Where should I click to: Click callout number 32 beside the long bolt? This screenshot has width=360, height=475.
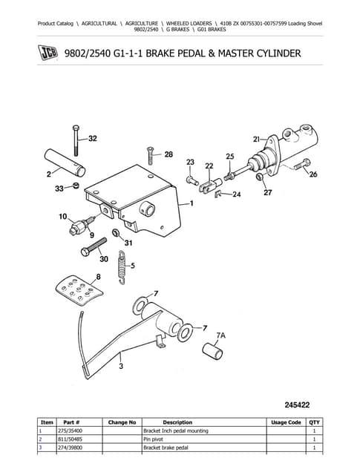coord(92,138)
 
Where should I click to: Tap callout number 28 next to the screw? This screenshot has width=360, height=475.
coord(168,154)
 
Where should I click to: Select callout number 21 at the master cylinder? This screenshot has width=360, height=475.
coord(256,139)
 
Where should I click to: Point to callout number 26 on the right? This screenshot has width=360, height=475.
coord(312,174)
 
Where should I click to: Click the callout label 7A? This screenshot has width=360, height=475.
coord(221,335)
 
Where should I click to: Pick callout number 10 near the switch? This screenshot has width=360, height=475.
coord(62,217)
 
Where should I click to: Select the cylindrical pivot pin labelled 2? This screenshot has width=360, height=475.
coord(60,162)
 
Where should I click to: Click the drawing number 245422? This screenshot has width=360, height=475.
coord(302,405)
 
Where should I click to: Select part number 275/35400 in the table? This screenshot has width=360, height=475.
coord(72,430)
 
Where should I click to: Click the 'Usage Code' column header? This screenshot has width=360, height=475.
coord(286,422)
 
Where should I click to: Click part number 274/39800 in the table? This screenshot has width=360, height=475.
coord(72,448)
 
